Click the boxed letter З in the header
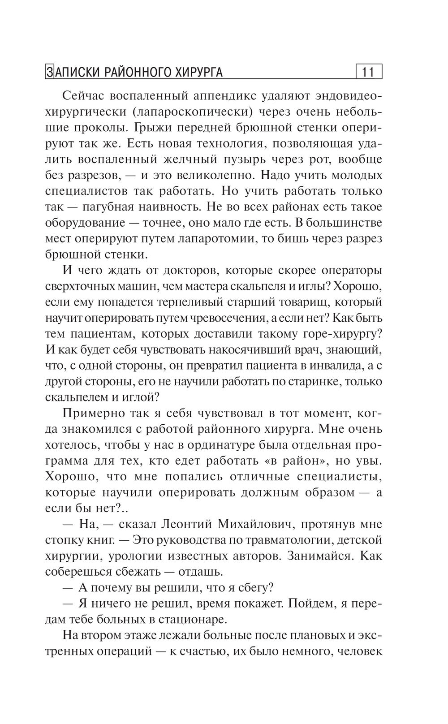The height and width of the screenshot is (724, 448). coord(49,72)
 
